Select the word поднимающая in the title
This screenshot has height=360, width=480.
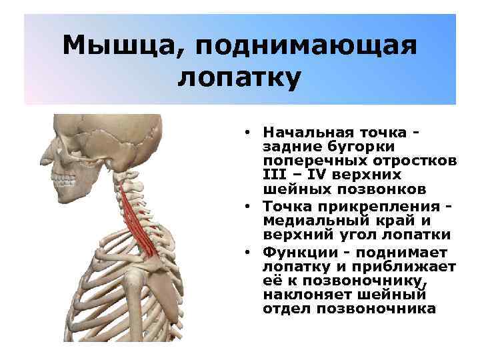pos(307,46)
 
